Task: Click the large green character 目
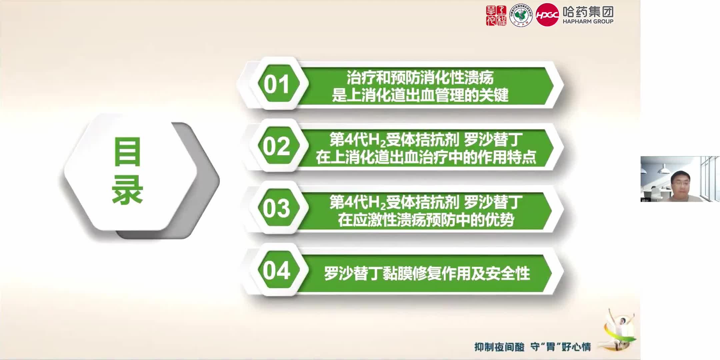pos(127,152)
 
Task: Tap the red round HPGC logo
pos(547,15)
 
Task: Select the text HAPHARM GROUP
pos(588,21)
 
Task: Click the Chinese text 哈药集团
pos(588,12)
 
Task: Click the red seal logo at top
pos(496,15)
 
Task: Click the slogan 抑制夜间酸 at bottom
pos(499,347)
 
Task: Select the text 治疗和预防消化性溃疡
pos(420,78)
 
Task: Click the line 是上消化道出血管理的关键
pos(420,95)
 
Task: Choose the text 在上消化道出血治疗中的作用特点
pos(426,157)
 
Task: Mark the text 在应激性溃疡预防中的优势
pos(426,220)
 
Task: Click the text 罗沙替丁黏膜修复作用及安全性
pos(427,273)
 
